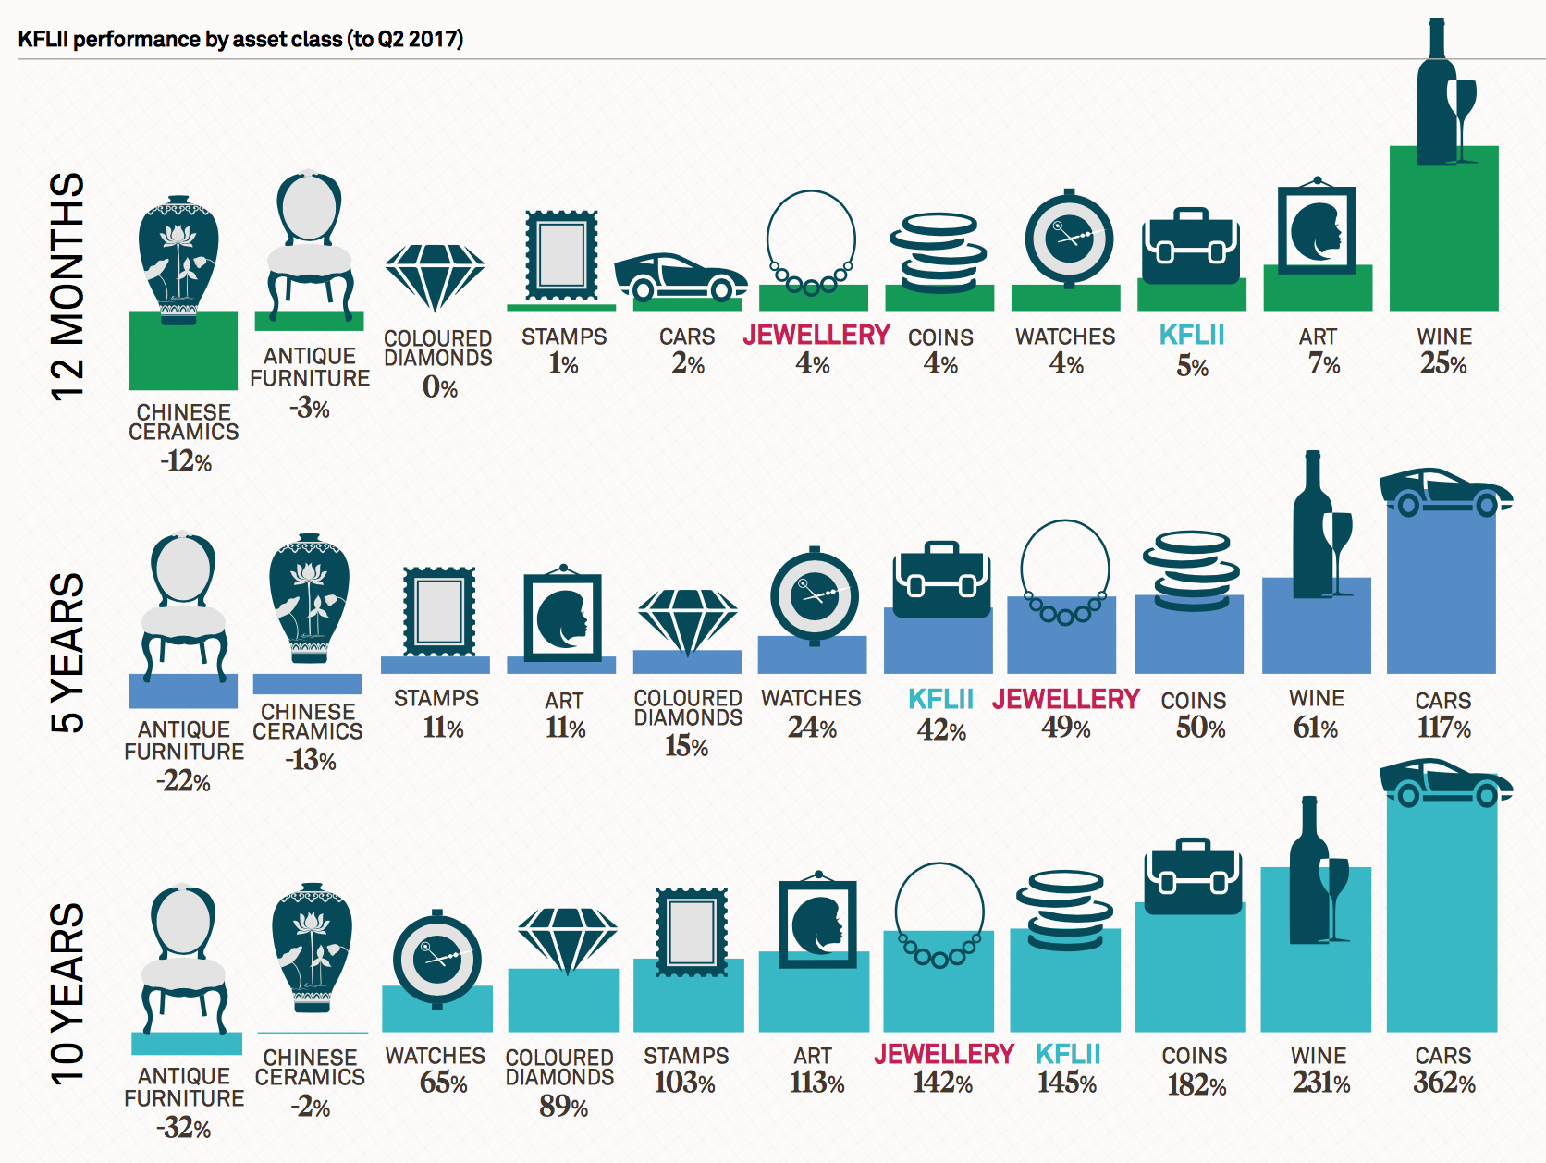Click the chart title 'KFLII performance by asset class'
tap(240, 39)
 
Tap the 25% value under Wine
tap(1443, 363)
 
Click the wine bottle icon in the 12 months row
tap(1438, 92)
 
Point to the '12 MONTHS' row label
tap(67, 287)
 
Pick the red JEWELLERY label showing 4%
tap(816, 336)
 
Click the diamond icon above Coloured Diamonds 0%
tap(435, 275)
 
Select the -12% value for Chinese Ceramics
tap(186, 460)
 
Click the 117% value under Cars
tap(1443, 728)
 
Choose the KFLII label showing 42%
tap(940, 699)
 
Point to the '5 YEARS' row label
tap(67, 653)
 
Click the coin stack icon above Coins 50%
tap(1190, 569)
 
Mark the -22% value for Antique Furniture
tap(184, 781)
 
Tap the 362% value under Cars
tap(1443, 1082)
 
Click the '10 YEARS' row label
tap(67, 993)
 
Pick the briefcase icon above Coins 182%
tap(1193, 875)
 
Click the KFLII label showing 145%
tap(1068, 1054)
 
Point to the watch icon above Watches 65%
tap(436, 957)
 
